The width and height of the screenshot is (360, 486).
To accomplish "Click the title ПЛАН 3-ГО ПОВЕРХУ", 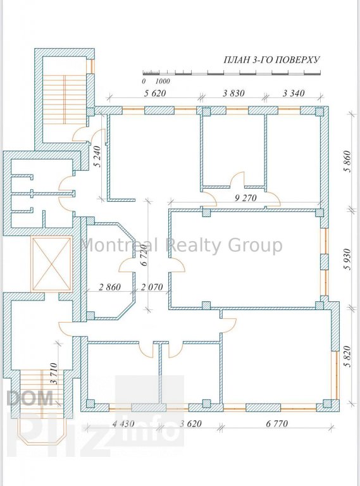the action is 271,60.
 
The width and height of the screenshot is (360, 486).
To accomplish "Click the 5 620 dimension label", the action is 155,93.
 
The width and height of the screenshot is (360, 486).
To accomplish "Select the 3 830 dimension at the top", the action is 233,93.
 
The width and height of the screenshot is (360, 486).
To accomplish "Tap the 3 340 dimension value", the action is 294,93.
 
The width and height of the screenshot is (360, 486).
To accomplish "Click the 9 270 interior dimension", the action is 245,197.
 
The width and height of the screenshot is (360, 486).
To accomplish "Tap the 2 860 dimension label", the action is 109,287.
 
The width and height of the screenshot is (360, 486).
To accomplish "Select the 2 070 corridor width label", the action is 152,287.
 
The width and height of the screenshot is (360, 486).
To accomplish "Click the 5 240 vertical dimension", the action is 99,156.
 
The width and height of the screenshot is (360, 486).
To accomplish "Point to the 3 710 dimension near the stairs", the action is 54,373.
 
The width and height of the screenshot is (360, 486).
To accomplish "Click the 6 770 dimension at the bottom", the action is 277,423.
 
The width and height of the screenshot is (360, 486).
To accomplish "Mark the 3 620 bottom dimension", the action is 190,423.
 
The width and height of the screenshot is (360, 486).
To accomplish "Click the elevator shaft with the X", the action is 51,264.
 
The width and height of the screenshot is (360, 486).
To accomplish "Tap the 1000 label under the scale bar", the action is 163,81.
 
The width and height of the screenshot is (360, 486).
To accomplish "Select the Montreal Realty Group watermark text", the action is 181,245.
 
